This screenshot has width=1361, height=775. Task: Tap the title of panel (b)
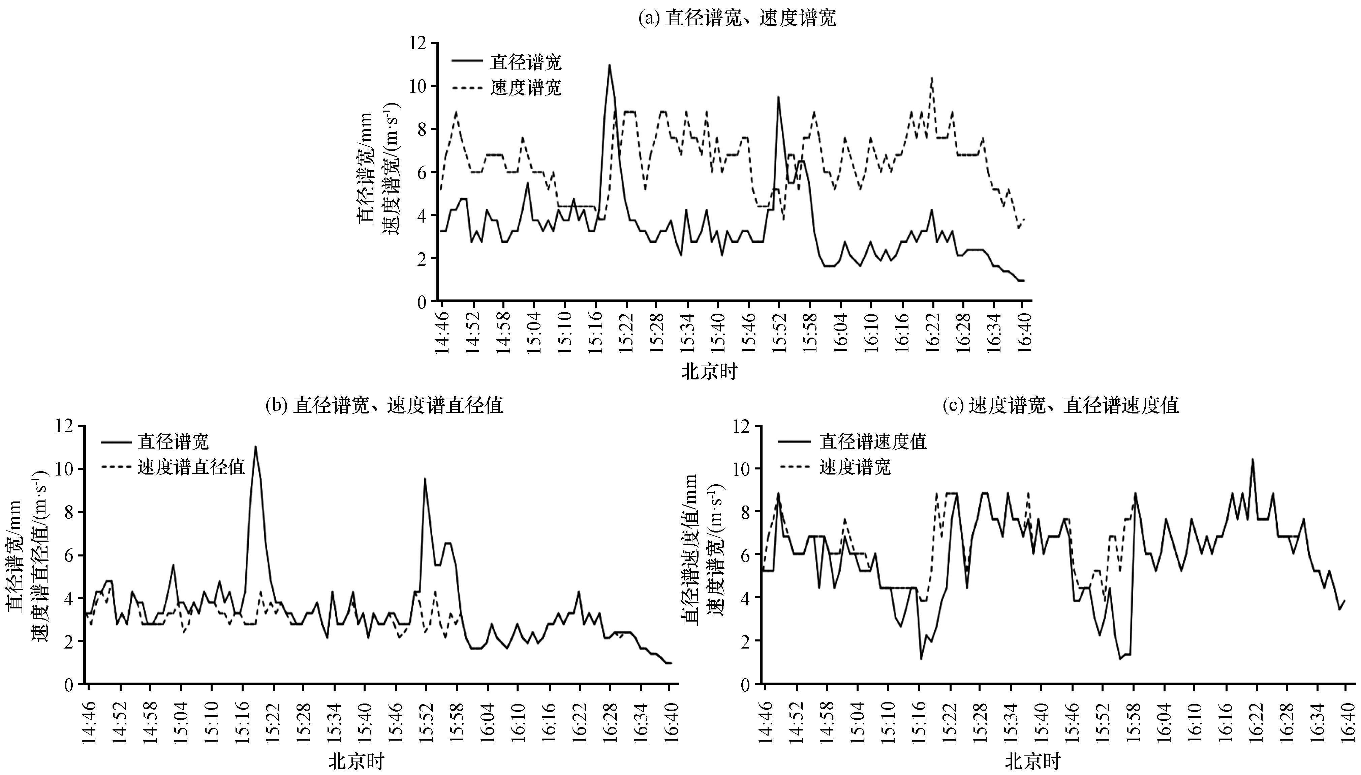384,406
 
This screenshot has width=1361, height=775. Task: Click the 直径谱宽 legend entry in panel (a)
525,62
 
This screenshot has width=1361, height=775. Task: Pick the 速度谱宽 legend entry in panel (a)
525,87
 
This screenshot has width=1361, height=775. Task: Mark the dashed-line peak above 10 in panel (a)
932,78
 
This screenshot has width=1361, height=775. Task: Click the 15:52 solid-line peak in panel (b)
425,479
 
